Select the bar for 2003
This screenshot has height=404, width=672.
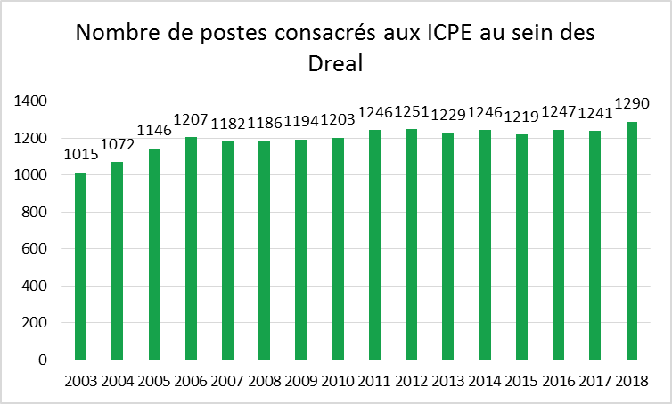coord(81,266)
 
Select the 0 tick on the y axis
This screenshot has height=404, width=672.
coord(43,360)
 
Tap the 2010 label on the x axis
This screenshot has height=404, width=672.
coord(338,381)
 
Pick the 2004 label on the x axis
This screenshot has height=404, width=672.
coord(118,381)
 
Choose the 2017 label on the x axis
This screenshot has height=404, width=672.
coord(594,381)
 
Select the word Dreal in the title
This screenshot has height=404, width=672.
coord(336,64)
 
